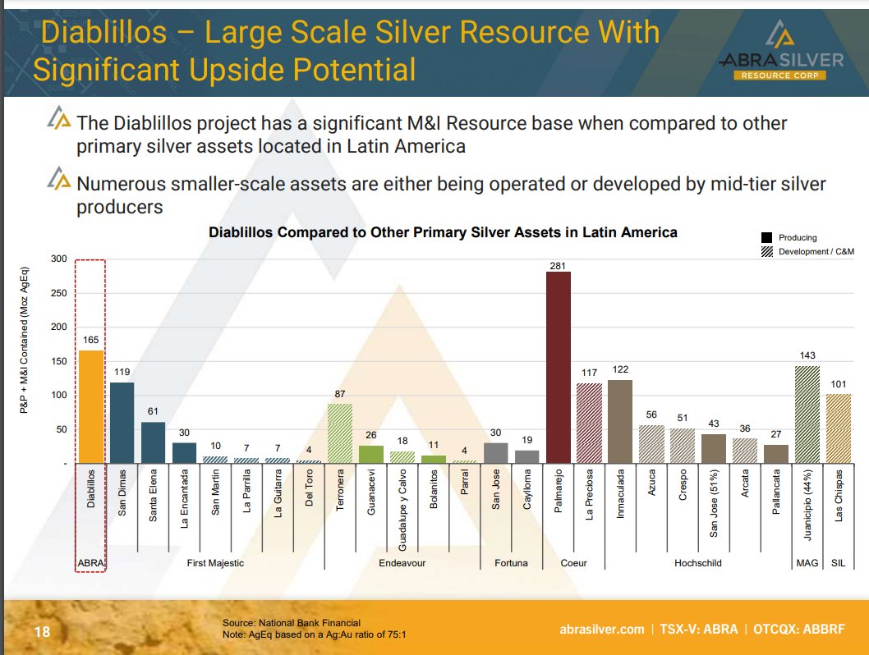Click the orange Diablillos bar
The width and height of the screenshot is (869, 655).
[91, 407]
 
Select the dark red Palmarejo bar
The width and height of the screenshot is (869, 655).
[558, 368]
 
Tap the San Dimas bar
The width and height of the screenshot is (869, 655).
[122, 423]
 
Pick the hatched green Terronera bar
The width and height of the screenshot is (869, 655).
[340, 433]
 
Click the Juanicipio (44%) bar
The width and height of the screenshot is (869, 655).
[807, 415]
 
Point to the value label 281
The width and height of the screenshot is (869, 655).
[558, 264]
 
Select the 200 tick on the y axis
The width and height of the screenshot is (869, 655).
[58, 327]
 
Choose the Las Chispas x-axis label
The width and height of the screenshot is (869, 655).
[839, 495]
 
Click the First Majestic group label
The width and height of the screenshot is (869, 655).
[215, 563]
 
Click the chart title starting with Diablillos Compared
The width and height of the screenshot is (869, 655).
[443, 232]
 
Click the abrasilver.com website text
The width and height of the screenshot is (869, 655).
[601, 630]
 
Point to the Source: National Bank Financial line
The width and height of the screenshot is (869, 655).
[291, 623]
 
